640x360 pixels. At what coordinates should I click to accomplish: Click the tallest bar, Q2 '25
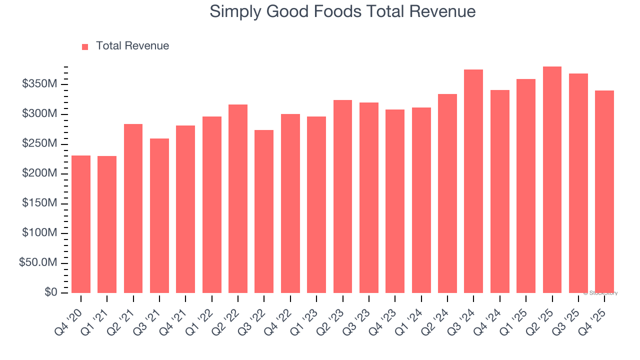point(552,179)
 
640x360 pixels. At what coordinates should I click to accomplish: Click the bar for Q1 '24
point(421,200)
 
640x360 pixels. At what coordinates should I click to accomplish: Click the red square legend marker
point(85,46)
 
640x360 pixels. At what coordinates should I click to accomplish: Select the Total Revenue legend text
point(132,46)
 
